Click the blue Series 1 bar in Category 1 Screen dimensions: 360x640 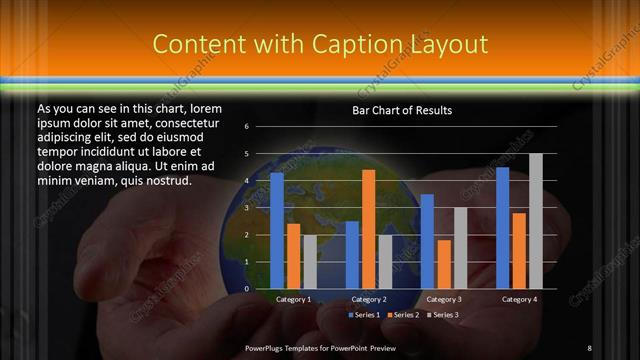(277, 231)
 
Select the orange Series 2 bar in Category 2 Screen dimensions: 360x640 (368, 229)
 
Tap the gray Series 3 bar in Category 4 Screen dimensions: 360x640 (536, 221)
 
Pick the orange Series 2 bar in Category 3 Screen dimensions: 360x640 (444, 264)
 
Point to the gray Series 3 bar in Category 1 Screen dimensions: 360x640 (310, 262)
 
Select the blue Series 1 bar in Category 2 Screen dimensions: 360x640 (352, 255)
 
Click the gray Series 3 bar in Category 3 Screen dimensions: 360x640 (460, 248)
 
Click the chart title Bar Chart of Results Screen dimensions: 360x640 (402, 110)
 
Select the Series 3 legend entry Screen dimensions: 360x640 (444, 315)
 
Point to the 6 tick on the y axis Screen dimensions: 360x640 (246, 127)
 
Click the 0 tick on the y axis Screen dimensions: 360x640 (246, 289)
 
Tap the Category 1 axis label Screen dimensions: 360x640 (293, 299)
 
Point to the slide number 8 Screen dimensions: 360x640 (589, 347)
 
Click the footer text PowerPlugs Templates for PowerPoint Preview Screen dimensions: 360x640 (321, 347)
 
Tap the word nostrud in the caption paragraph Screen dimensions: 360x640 (166, 181)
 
